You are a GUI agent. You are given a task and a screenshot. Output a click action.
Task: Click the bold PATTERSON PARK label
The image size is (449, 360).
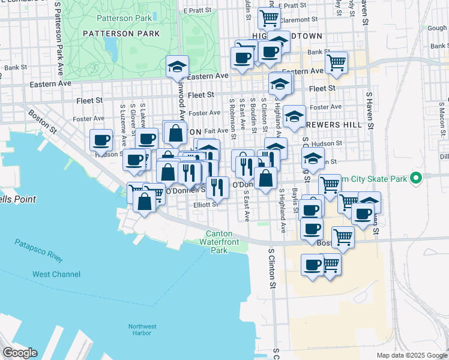tap(122, 34)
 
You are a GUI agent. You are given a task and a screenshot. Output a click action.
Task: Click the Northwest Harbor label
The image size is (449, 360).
tap(142, 329)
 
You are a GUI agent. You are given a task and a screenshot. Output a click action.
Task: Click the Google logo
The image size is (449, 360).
tap(20, 353)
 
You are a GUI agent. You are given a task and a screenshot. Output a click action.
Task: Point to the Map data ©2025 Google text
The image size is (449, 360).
tap(411, 355)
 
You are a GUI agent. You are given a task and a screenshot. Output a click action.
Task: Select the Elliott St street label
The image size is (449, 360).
tap(206, 205)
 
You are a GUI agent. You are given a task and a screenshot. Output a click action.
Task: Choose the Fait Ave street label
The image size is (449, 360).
tap(216, 130)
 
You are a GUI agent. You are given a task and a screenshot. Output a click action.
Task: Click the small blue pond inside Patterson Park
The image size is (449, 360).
tap(110, 46)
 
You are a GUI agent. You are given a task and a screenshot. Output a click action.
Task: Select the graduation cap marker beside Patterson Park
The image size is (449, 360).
tap(177, 67)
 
